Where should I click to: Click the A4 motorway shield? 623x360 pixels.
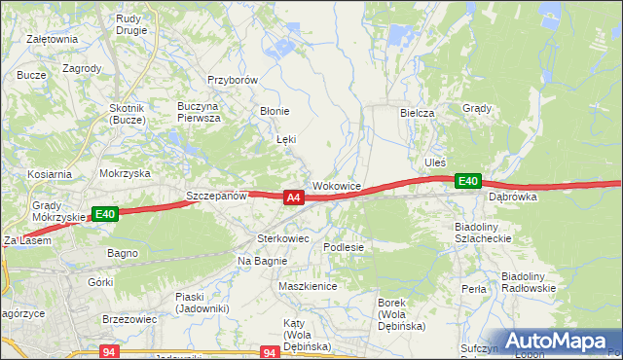click(x=293, y=198)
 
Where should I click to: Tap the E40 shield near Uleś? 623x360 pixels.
click(x=468, y=181)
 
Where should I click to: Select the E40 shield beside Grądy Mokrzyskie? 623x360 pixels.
click(x=105, y=214)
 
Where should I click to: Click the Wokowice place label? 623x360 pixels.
click(x=337, y=185)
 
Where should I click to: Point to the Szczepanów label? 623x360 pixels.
click(x=216, y=196)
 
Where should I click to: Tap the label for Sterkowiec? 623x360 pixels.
click(x=282, y=237)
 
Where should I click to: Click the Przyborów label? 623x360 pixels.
click(x=232, y=81)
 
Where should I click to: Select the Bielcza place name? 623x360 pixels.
click(x=417, y=113)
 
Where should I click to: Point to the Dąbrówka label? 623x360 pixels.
click(x=513, y=197)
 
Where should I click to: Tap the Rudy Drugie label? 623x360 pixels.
click(x=130, y=23)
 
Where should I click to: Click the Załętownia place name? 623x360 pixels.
click(x=53, y=39)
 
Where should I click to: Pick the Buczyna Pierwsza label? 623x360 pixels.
click(x=199, y=111)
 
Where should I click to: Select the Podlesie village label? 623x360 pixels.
click(x=344, y=247)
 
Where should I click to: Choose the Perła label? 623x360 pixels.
click(x=474, y=289)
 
